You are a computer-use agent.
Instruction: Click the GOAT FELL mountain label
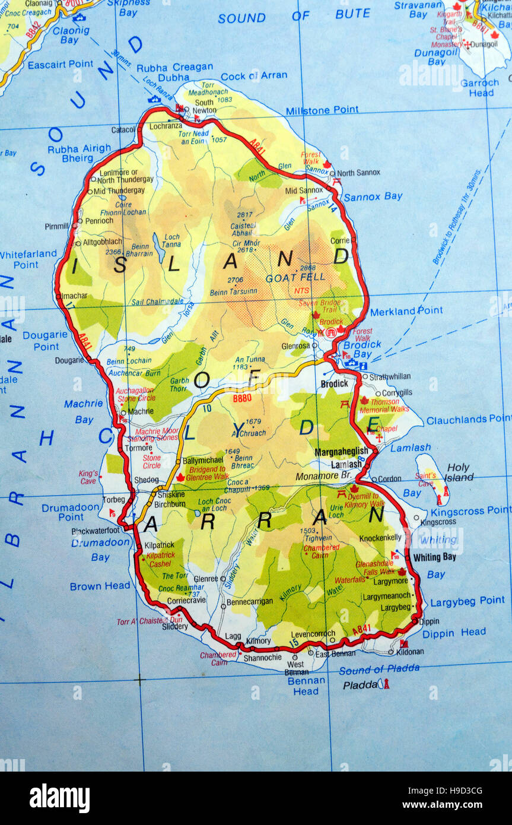295,277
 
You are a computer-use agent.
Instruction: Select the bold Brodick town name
334,384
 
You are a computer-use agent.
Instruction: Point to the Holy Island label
460,472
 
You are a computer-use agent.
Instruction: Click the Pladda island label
360,685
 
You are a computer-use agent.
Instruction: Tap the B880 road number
243,399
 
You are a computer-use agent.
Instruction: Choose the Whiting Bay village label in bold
434,557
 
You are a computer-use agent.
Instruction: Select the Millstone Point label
322,110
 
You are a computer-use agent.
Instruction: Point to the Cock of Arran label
254,76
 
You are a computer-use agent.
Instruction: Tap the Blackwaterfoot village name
96,531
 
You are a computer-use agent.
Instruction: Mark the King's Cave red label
88,477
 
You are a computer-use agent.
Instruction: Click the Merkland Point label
406,310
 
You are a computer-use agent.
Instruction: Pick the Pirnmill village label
56,226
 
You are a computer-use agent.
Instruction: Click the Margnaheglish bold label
341,452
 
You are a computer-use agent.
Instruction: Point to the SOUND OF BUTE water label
294,16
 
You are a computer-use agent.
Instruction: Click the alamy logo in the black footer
59,798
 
